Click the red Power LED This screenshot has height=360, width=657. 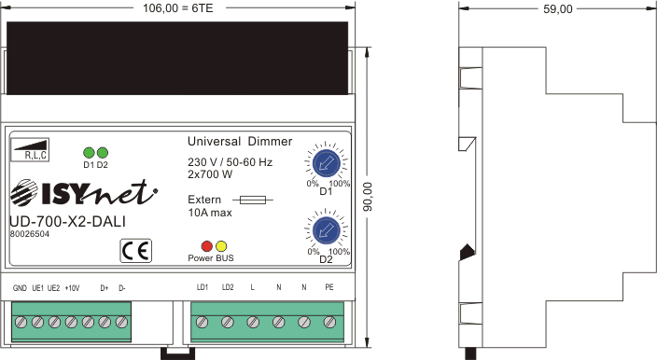pyautogui.click(x=207, y=246)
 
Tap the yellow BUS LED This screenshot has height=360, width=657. pyautogui.click(x=221, y=246)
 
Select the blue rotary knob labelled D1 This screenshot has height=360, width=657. pyautogui.click(x=326, y=163)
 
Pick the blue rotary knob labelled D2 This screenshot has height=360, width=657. pyautogui.click(x=326, y=230)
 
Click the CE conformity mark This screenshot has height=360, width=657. pyautogui.click(x=135, y=251)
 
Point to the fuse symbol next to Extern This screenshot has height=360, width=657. pyautogui.click(x=253, y=201)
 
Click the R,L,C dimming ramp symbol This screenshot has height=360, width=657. pyautogui.click(x=30, y=149)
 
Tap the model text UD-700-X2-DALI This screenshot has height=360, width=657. pyautogui.click(x=67, y=221)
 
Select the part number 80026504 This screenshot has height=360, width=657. pyautogui.click(x=29, y=234)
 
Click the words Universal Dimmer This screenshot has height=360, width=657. pyautogui.click(x=240, y=142)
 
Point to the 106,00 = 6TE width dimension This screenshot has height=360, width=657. pyautogui.click(x=177, y=8)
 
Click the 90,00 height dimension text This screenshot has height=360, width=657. pyautogui.click(x=368, y=197)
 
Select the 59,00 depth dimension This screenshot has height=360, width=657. pyautogui.click(x=558, y=8)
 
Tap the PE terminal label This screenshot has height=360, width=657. pyautogui.click(x=329, y=287)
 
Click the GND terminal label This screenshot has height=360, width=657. pyautogui.click(x=20, y=288)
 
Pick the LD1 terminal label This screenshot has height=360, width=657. pyautogui.click(x=203, y=287)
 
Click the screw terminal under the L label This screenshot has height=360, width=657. pyautogui.click(x=253, y=323)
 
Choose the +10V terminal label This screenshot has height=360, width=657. pyautogui.click(x=72, y=288)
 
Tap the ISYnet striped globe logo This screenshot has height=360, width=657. pyautogui.click(x=24, y=193)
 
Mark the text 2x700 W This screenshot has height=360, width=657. pyautogui.click(x=210, y=174)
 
